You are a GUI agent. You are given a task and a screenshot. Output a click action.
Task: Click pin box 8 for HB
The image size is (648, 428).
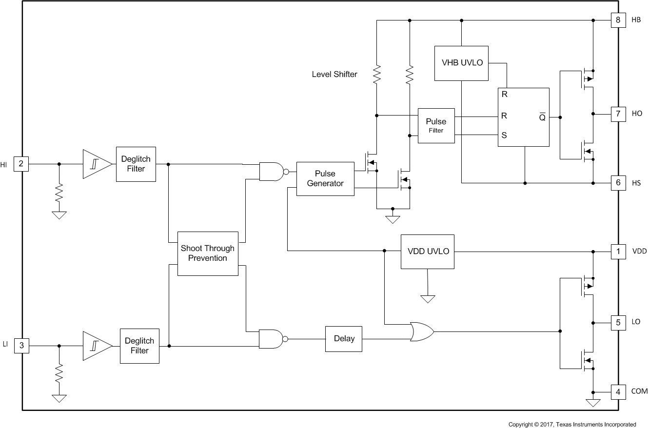click(x=618, y=20)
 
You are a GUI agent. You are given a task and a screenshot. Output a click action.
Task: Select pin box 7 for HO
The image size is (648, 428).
click(x=618, y=114)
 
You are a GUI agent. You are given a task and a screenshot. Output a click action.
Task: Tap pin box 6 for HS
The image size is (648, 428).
click(x=618, y=183)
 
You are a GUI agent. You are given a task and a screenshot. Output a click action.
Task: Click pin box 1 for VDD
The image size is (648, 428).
click(x=618, y=252)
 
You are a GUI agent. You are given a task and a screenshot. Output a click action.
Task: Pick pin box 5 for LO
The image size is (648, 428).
click(x=618, y=322)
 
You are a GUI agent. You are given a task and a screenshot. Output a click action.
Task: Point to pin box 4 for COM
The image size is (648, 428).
click(x=618, y=391)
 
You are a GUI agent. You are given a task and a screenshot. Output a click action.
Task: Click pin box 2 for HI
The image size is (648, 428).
click(x=21, y=164)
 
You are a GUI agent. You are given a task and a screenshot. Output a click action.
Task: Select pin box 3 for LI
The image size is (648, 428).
click(x=21, y=346)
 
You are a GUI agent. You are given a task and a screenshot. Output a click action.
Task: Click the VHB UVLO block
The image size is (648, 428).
click(x=461, y=63)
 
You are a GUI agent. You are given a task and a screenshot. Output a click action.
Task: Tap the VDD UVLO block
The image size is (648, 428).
click(x=428, y=252)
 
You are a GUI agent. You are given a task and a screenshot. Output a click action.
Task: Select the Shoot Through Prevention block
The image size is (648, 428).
click(x=208, y=253)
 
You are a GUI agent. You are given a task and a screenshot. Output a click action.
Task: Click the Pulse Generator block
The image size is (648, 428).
click(x=325, y=179)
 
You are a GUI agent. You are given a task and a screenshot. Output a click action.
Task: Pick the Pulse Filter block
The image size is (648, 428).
click(x=436, y=126)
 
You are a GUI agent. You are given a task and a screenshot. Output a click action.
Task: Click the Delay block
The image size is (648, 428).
click(x=344, y=339)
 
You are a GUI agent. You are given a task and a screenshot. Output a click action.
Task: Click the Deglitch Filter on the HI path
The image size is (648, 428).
click(x=136, y=164)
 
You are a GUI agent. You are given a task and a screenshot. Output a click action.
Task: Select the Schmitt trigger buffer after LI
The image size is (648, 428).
click(x=97, y=346)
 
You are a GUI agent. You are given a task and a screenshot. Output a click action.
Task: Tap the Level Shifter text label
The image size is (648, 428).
click(x=334, y=75)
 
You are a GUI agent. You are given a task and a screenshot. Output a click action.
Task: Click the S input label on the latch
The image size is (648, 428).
click(x=504, y=136)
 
